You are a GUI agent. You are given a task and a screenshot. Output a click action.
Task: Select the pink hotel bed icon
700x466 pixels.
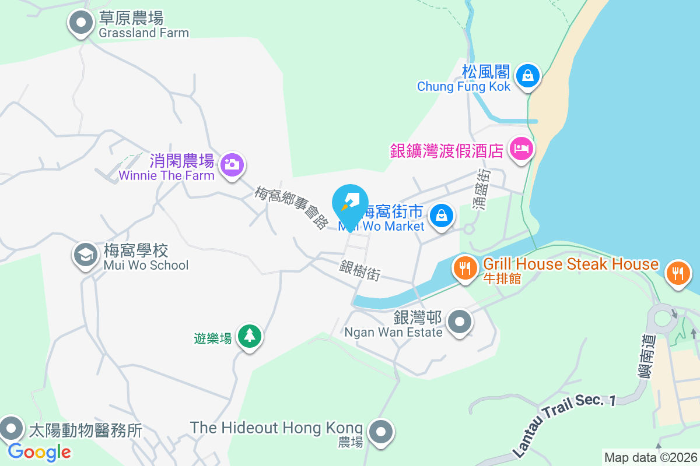pyautogui.click(x=520, y=149)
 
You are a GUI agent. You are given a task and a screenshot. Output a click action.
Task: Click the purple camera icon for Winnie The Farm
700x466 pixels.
pyautogui.click(x=232, y=165)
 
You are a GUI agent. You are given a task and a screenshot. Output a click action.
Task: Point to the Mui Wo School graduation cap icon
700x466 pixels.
pyautogui.click(x=86, y=255)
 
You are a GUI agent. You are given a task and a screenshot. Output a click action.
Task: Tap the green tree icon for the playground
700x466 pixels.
pyautogui.click(x=250, y=336)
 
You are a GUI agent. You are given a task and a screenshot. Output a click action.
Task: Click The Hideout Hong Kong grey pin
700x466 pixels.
pyautogui.click(x=381, y=432)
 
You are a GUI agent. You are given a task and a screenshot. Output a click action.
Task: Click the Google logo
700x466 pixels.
pyautogui.click(x=40, y=451)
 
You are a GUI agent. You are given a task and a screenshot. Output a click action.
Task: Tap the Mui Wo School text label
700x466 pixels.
pyautogui.click(x=146, y=266)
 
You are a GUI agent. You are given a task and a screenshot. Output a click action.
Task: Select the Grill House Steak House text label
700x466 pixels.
pyautogui.click(x=570, y=264)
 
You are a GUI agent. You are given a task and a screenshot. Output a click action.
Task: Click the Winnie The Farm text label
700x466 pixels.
pyautogui.click(x=167, y=175)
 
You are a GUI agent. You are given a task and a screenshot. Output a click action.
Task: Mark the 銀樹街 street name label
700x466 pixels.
pyautogui.click(x=360, y=271)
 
